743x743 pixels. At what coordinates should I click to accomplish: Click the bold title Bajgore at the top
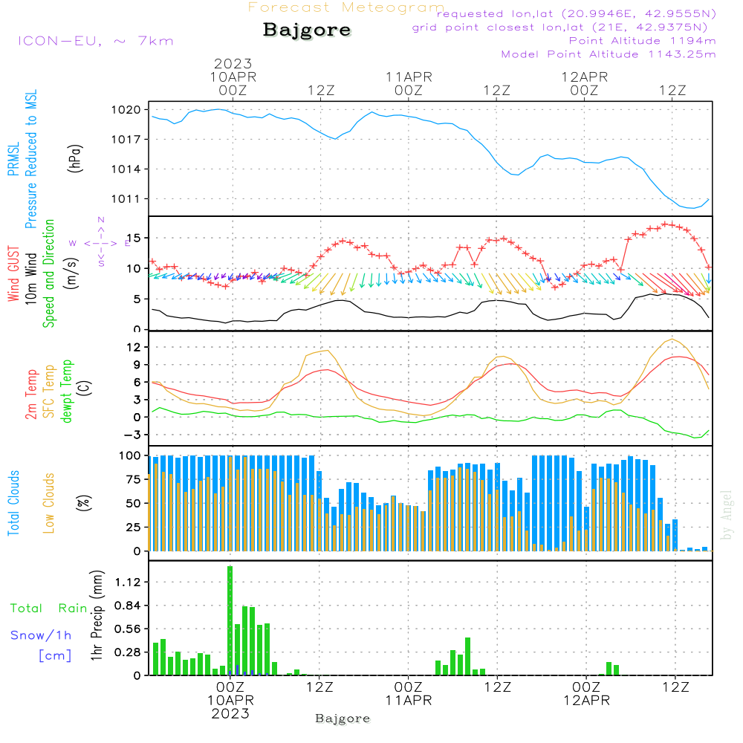pyautogui.click(x=307, y=30)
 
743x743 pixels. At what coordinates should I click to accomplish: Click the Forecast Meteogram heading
pyautogui.click(x=346, y=7)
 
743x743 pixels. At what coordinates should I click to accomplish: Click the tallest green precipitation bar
pyautogui.click(x=230, y=620)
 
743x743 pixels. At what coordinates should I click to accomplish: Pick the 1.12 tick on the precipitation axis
pyautogui.click(x=129, y=582)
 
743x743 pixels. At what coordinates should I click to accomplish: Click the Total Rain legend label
pyautogui.click(x=48, y=608)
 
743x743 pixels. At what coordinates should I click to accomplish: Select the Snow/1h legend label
pyautogui.click(x=42, y=635)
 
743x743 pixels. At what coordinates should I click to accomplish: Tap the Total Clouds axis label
pyautogui.click(x=13, y=503)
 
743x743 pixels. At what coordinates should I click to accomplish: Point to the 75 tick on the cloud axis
pyautogui.click(x=132, y=479)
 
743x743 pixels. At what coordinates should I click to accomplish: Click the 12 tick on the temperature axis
pyautogui.click(x=134, y=347)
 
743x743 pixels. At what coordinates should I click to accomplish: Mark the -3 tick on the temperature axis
pyautogui.click(x=134, y=435)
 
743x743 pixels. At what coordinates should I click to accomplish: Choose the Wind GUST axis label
pyautogui.click(x=13, y=274)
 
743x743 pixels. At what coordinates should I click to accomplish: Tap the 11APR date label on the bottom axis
pyautogui.click(x=408, y=701)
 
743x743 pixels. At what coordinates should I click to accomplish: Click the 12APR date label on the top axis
pyautogui.click(x=584, y=77)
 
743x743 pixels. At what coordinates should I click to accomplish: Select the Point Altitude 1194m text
pyautogui.click(x=642, y=40)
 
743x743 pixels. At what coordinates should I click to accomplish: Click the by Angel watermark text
pyautogui.click(x=727, y=514)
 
